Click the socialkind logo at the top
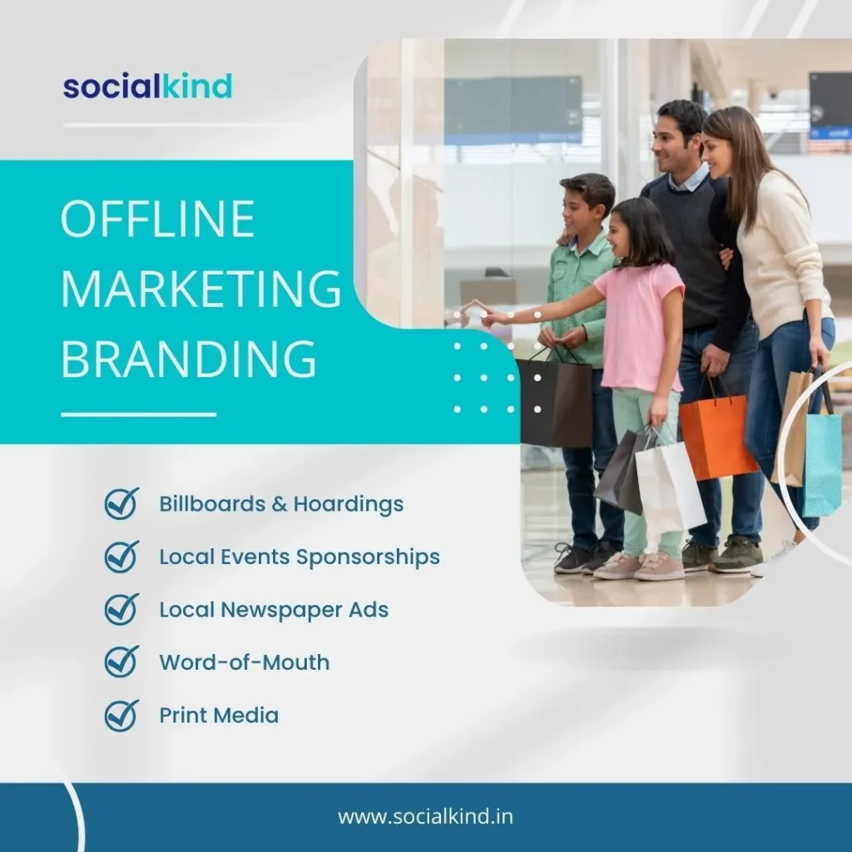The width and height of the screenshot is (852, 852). [x=147, y=86]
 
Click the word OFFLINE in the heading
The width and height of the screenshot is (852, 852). [x=157, y=220]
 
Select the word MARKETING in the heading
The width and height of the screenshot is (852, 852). [x=201, y=290]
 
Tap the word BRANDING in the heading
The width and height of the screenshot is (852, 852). [x=189, y=359]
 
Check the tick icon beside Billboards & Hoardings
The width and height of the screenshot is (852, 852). [x=121, y=503]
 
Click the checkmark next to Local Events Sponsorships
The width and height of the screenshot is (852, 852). [x=121, y=556]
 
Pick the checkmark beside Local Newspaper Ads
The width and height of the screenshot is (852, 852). [x=121, y=609]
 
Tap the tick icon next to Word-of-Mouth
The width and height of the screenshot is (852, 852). [x=121, y=661]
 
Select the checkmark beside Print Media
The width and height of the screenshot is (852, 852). [x=121, y=715]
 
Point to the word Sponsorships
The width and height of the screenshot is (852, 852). [x=368, y=557]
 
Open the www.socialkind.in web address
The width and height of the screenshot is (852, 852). [x=425, y=816]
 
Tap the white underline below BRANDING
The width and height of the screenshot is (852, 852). [x=138, y=414]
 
